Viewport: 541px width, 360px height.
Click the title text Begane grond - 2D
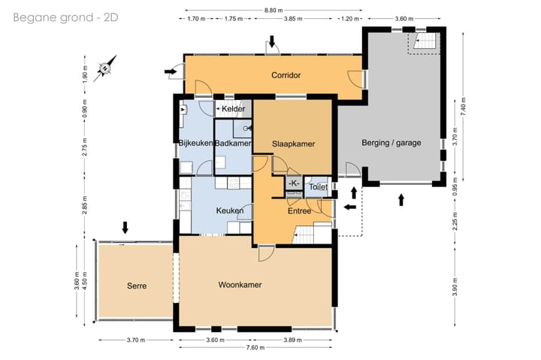pyautogui.click(x=65, y=17)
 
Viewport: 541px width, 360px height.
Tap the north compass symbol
pyautogui.click(x=105, y=68)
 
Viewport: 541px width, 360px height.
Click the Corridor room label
pyautogui.click(x=286, y=75)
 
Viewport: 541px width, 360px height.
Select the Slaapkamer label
pyautogui.click(x=293, y=144)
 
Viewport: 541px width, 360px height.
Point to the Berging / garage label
pyautogui.click(x=391, y=143)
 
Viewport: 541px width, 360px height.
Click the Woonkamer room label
pyautogui.click(x=240, y=285)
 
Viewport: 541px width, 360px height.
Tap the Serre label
pyautogui.click(x=137, y=286)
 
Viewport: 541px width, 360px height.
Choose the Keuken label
pyautogui.click(x=230, y=210)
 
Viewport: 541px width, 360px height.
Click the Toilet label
pyautogui.click(x=318, y=186)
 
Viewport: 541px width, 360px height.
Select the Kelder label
pyautogui.click(x=233, y=109)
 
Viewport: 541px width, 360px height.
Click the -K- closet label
pyautogui.click(x=294, y=183)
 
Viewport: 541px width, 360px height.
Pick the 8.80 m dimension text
pyautogui.click(x=274, y=11)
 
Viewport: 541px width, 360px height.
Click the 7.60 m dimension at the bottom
pyautogui.click(x=255, y=347)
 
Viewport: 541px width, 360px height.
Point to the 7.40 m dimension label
pyautogui.click(x=463, y=105)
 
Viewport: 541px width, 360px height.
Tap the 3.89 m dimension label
pyautogui.click(x=292, y=340)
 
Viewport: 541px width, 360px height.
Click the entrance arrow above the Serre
pyautogui.click(x=125, y=228)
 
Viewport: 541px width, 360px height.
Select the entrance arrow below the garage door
pyautogui.click(x=401, y=200)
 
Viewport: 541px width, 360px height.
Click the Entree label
pyautogui.click(x=300, y=210)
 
